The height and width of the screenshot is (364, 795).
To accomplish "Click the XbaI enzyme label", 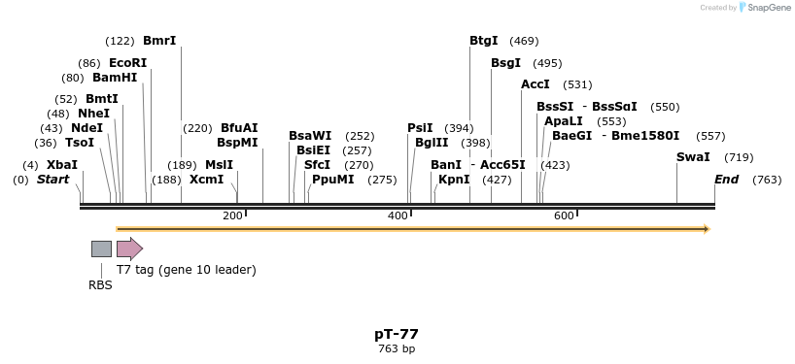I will click(61, 165).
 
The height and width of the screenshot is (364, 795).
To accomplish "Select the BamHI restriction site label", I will click(115, 78).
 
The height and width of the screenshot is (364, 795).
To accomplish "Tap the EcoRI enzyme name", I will click(127, 63).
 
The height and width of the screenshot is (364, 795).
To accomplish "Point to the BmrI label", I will click(159, 41).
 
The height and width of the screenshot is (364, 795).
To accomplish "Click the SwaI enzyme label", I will click(693, 157).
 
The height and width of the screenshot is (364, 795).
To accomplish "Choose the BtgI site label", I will click(483, 41).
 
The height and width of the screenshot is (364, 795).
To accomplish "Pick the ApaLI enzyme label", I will click(564, 121).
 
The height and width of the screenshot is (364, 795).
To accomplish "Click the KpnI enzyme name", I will click(454, 180).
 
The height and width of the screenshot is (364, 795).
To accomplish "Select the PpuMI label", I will click(332, 180).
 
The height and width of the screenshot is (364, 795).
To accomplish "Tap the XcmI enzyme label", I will click(206, 180).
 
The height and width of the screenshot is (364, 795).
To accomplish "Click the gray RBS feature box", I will click(101, 248).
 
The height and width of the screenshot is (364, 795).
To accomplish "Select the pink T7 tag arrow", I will click(129, 248).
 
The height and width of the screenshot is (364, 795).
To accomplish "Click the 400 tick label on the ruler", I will click(398, 215).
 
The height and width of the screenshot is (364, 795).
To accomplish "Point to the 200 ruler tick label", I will click(232, 215).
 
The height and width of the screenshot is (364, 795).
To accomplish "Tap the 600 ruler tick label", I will click(564, 215).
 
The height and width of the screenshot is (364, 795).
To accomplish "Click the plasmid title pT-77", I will click(397, 334).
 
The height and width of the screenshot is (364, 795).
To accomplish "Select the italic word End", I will click(726, 180).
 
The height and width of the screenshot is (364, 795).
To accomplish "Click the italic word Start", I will click(52, 180).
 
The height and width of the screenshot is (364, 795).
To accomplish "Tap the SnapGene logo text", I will click(768, 8).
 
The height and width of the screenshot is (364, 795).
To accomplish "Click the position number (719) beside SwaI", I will click(739, 157).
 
